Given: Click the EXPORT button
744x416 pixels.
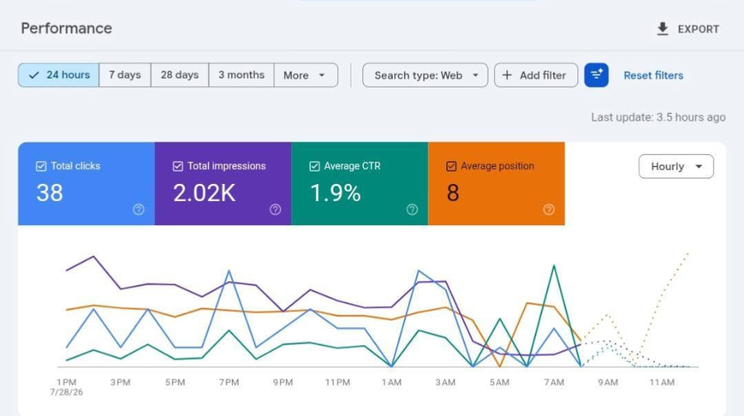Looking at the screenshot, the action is click(688, 29).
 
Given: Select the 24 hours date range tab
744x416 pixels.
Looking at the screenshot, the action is click(59, 75).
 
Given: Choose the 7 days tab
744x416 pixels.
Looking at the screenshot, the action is click(125, 75).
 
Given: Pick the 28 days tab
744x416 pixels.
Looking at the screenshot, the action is click(179, 75).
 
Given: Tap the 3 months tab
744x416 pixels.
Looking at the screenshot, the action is click(241, 75).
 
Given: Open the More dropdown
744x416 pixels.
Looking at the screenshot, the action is click(306, 75).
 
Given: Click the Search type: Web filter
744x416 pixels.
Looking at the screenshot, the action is click(425, 75).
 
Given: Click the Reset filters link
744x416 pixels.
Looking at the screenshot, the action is click(654, 76).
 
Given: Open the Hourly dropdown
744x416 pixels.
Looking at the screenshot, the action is click(676, 167).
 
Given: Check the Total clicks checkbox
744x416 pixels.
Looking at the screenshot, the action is click(41, 166).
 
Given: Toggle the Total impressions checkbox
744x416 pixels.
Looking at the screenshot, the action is click(178, 166).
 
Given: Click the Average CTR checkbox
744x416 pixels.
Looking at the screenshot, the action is click(315, 166).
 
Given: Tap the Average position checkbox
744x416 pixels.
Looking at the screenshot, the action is click(451, 166).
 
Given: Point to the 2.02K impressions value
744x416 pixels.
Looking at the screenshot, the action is click(204, 193).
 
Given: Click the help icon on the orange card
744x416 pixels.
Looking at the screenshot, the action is click(548, 210).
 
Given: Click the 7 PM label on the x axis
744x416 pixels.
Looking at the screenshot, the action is click(229, 383).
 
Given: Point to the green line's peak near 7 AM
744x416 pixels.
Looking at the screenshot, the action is click(554, 266).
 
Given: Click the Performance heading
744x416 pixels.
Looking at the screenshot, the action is click(66, 29).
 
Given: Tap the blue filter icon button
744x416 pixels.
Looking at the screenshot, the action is click(597, 75).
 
